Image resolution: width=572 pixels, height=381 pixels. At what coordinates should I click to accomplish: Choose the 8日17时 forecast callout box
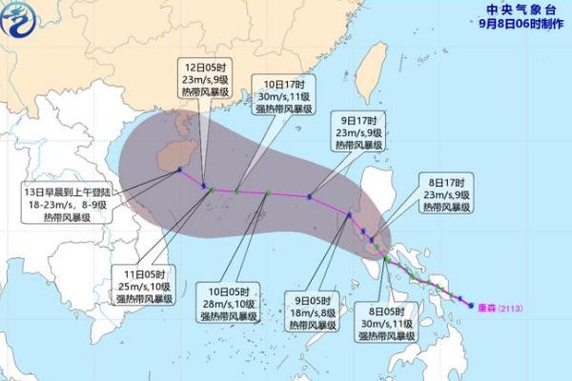click(x=447, y=193)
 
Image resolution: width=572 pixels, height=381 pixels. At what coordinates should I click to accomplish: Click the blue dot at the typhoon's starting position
click(x=472, y=305)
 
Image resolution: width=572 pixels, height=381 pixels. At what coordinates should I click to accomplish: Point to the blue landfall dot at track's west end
click(x=178, y=171)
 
